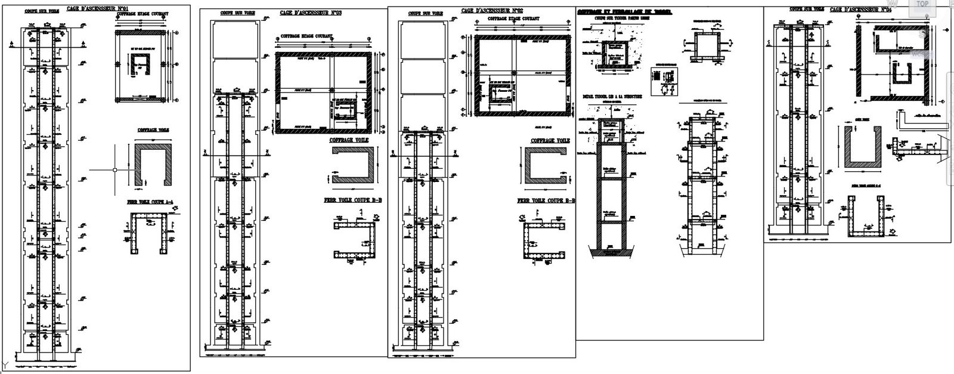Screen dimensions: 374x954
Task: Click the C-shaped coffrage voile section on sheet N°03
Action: [x=352, y=166]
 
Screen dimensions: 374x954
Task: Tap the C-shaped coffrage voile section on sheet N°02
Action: [x=546, y=168]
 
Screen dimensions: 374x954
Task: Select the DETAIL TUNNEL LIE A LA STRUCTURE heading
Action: [x=611, y=96]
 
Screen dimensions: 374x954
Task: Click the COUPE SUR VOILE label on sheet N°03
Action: [x=235, y=13]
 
